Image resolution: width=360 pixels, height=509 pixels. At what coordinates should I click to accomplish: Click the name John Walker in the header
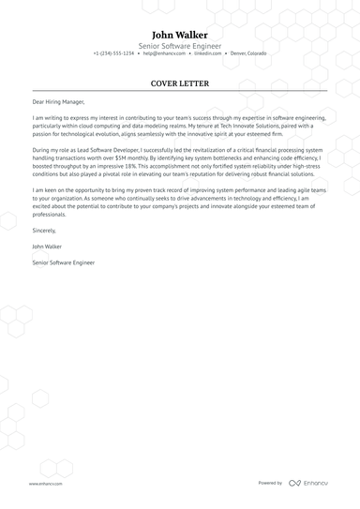(x=180, y=34)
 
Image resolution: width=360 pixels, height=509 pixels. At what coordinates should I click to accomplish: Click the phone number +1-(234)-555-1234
(x=113, y=53)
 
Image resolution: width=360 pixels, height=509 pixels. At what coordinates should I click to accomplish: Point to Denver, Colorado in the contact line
(x=248, y=53)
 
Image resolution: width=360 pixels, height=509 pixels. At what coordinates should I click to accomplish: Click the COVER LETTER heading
(x=180, y=83)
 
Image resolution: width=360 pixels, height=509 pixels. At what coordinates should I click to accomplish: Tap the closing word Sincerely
(x=44, y=230)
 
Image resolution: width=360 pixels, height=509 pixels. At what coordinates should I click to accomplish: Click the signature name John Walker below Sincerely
(x=48, y=246)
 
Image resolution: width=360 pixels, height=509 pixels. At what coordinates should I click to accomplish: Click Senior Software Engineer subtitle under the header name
(x=180, y=45)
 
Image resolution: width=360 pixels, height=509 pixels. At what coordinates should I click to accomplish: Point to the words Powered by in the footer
(x=270, y=483)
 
